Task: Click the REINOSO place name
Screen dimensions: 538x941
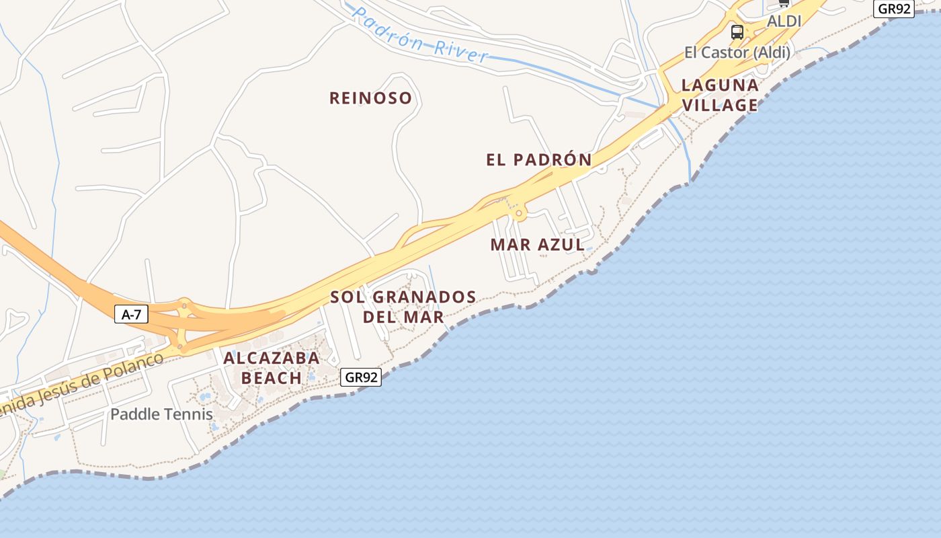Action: (370, 98)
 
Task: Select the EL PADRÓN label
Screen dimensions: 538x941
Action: (539, 159)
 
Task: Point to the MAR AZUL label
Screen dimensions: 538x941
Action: (538, 245)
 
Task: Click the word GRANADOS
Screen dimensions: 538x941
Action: (424, 297)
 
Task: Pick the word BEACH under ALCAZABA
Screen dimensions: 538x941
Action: (272, 378)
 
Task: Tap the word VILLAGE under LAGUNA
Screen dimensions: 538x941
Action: (720, 105)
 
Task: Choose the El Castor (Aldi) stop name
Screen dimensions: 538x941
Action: (737, 52)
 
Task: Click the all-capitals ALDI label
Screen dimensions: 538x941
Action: (784, 21)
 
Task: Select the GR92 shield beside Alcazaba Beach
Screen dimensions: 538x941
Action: (362, 377)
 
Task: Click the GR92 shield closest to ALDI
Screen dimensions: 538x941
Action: (894, 9)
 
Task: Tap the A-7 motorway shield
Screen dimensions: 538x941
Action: (131, 313)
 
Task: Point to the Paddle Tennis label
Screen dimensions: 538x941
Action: (161, 414)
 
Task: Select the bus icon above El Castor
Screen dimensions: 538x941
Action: (737, 32)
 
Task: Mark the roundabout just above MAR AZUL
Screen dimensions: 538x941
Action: (518, 214)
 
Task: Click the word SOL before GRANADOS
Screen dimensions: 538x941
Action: (347, 297)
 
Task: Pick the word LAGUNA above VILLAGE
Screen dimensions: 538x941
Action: (720, 85)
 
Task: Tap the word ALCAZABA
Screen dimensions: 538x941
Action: (272, 358)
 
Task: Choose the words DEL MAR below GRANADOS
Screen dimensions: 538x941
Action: (403, 316)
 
